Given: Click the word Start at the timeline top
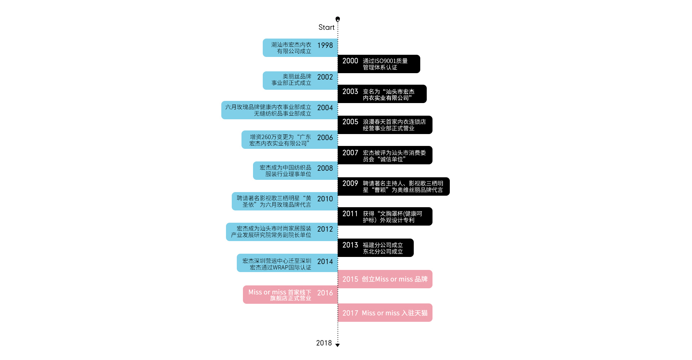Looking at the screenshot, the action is (327, 27).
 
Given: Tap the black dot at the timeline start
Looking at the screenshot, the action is (338, 19).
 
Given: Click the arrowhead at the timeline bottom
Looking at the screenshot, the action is (338, 345).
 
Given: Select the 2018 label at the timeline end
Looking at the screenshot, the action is (324, 343).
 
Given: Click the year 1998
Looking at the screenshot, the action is (325, 45).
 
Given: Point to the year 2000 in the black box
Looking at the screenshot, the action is (350, 61).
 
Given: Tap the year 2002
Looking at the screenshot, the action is (325, 77).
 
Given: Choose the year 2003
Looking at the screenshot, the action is (350, 92).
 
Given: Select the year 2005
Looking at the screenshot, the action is (350, 122).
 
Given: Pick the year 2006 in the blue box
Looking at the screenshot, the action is (325, 138).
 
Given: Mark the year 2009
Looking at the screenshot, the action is (350, 183).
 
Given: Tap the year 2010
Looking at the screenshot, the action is (325, 199).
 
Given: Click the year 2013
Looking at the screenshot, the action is (350, 245).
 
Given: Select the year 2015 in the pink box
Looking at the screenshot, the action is (350, 279).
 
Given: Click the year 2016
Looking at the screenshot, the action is (325, 293).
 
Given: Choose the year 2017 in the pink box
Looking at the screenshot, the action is (350, 313).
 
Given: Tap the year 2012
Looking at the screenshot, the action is (325, 229).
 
